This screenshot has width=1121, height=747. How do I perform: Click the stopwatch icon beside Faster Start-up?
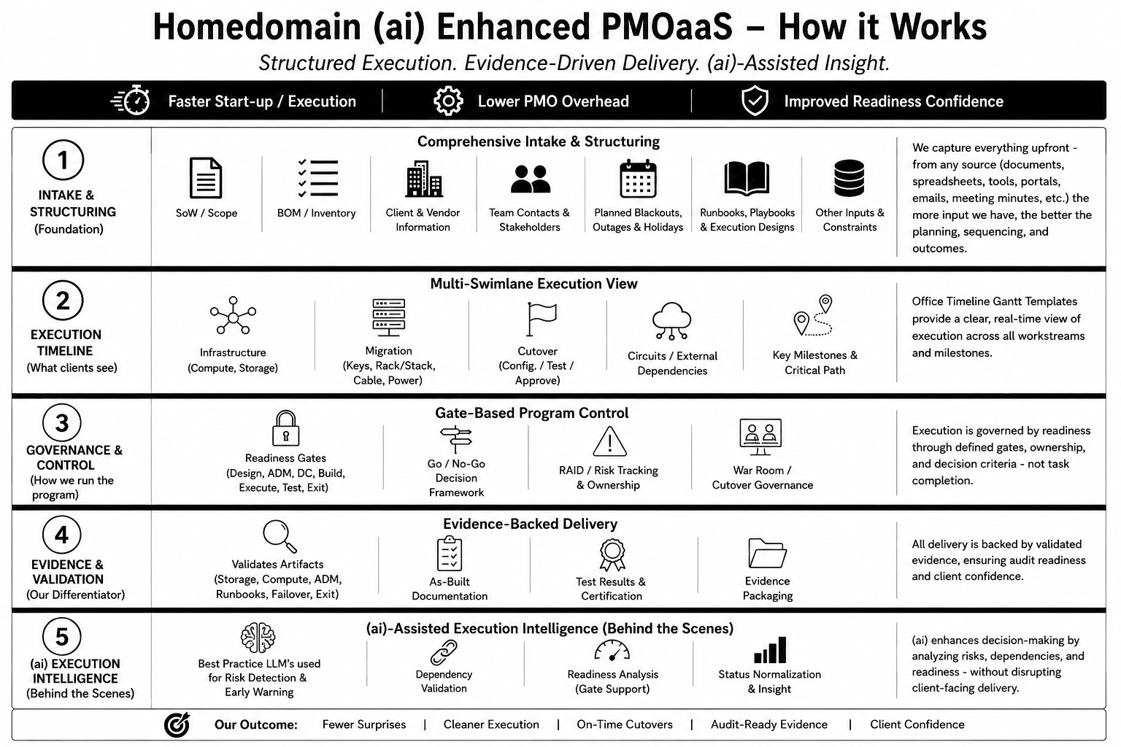(x=131, y=101)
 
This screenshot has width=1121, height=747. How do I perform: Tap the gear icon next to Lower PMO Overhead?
(x=448, y=101)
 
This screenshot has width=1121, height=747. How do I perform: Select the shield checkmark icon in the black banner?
(x=755, y=101)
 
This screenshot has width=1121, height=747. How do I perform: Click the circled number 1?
(x=63, y=160)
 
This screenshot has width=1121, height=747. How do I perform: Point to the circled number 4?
(x=62, y=535)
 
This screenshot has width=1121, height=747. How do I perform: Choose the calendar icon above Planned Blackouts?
(x=638, y=179)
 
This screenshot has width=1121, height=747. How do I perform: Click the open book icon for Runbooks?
(x=747, y=178)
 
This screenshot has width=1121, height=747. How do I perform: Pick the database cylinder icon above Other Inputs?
(x=850, y=177)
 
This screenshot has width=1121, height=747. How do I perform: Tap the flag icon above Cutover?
(x=541, y=319)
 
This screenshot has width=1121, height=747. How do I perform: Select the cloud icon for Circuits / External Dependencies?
(x=671, y=321)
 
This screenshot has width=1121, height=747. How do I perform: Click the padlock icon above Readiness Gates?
(x=286, y=428)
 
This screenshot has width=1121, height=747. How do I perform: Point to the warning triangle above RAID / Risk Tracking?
(x=609, y=441)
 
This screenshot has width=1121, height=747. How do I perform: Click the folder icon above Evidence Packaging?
(x=767, y=553)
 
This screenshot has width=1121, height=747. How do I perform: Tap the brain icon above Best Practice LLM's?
(x=258, y=638)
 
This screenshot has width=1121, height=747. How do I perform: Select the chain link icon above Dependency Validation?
(x=444, y=652)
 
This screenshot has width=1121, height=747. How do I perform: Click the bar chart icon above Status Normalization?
(x=770, y=650)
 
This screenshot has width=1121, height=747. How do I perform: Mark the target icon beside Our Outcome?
(x=177, y=724)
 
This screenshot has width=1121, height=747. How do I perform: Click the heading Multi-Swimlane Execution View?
(x=534, y=284)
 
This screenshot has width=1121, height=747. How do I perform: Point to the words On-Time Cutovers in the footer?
(x=625, y=724)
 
